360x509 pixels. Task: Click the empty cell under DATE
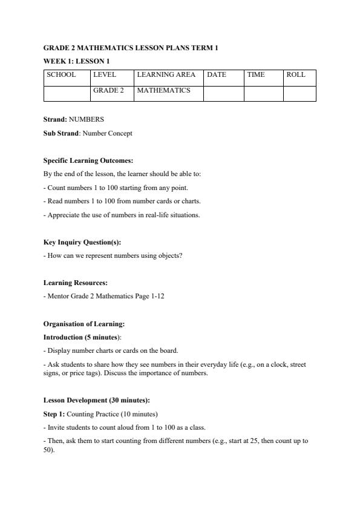[223, 93]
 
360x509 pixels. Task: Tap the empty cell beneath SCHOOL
[67, 93]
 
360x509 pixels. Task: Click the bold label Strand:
[55, 120]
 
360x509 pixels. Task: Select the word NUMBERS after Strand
[87, 120]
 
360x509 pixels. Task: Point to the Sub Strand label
[61, 133]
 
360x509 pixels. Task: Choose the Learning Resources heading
[73, 283]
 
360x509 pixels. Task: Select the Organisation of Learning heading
[84, 324]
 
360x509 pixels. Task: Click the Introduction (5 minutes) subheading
[82, 337]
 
